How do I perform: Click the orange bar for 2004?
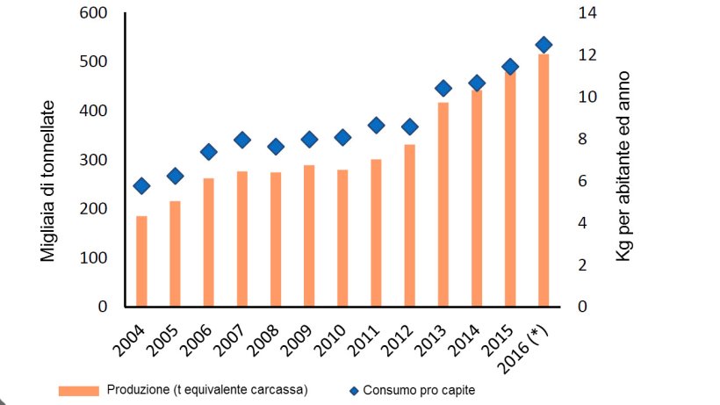click(x=141, y=261)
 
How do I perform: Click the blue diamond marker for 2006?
click(x=209, y=152)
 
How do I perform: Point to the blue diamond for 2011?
click(x=376, y=126)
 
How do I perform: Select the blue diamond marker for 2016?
click(x=544, y=45)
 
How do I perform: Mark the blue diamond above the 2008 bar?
click(x=276, y=147)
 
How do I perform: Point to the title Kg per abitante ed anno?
click(x=624, y=166)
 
